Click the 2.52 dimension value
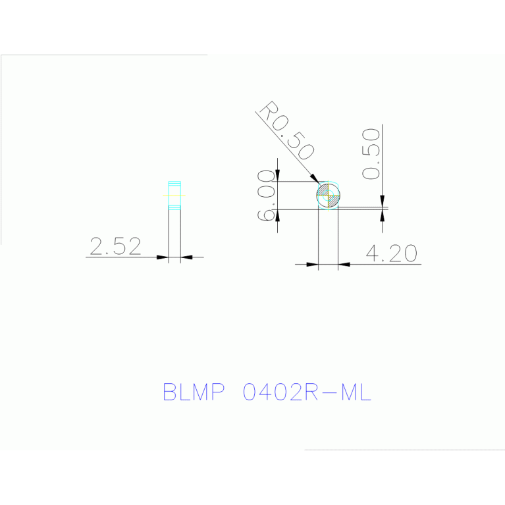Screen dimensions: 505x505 [x=115, y=246]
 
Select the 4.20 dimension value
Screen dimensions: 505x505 [x=391, y=253]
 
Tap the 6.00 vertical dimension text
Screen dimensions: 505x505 [x=267, y=195]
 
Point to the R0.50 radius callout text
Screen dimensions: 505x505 [x=286, y=130]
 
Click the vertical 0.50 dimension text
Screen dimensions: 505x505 [x=371, y=153]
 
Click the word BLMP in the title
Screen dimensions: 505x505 [x=194, y=392]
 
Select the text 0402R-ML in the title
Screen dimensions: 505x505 [x=307, y=392]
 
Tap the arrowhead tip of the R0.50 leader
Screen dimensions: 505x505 [x=319, y=184]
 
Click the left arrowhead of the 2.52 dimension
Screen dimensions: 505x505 [x=163, y=257]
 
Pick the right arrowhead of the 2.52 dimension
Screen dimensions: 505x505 [x=186, y=257]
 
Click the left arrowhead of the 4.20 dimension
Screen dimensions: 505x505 [x=312, y=265]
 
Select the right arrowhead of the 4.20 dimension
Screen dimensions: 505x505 [x=344, y=265]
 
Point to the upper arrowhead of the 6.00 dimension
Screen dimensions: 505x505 [x=278, y=176]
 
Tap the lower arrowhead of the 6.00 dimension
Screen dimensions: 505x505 [x=278, y=215]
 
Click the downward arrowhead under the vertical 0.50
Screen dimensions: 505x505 [x=383, y=201]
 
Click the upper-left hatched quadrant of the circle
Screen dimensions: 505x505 [x=323, y=190]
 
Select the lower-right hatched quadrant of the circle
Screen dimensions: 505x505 [x=333, y=201]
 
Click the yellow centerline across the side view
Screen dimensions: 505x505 [x=174, y=196]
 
